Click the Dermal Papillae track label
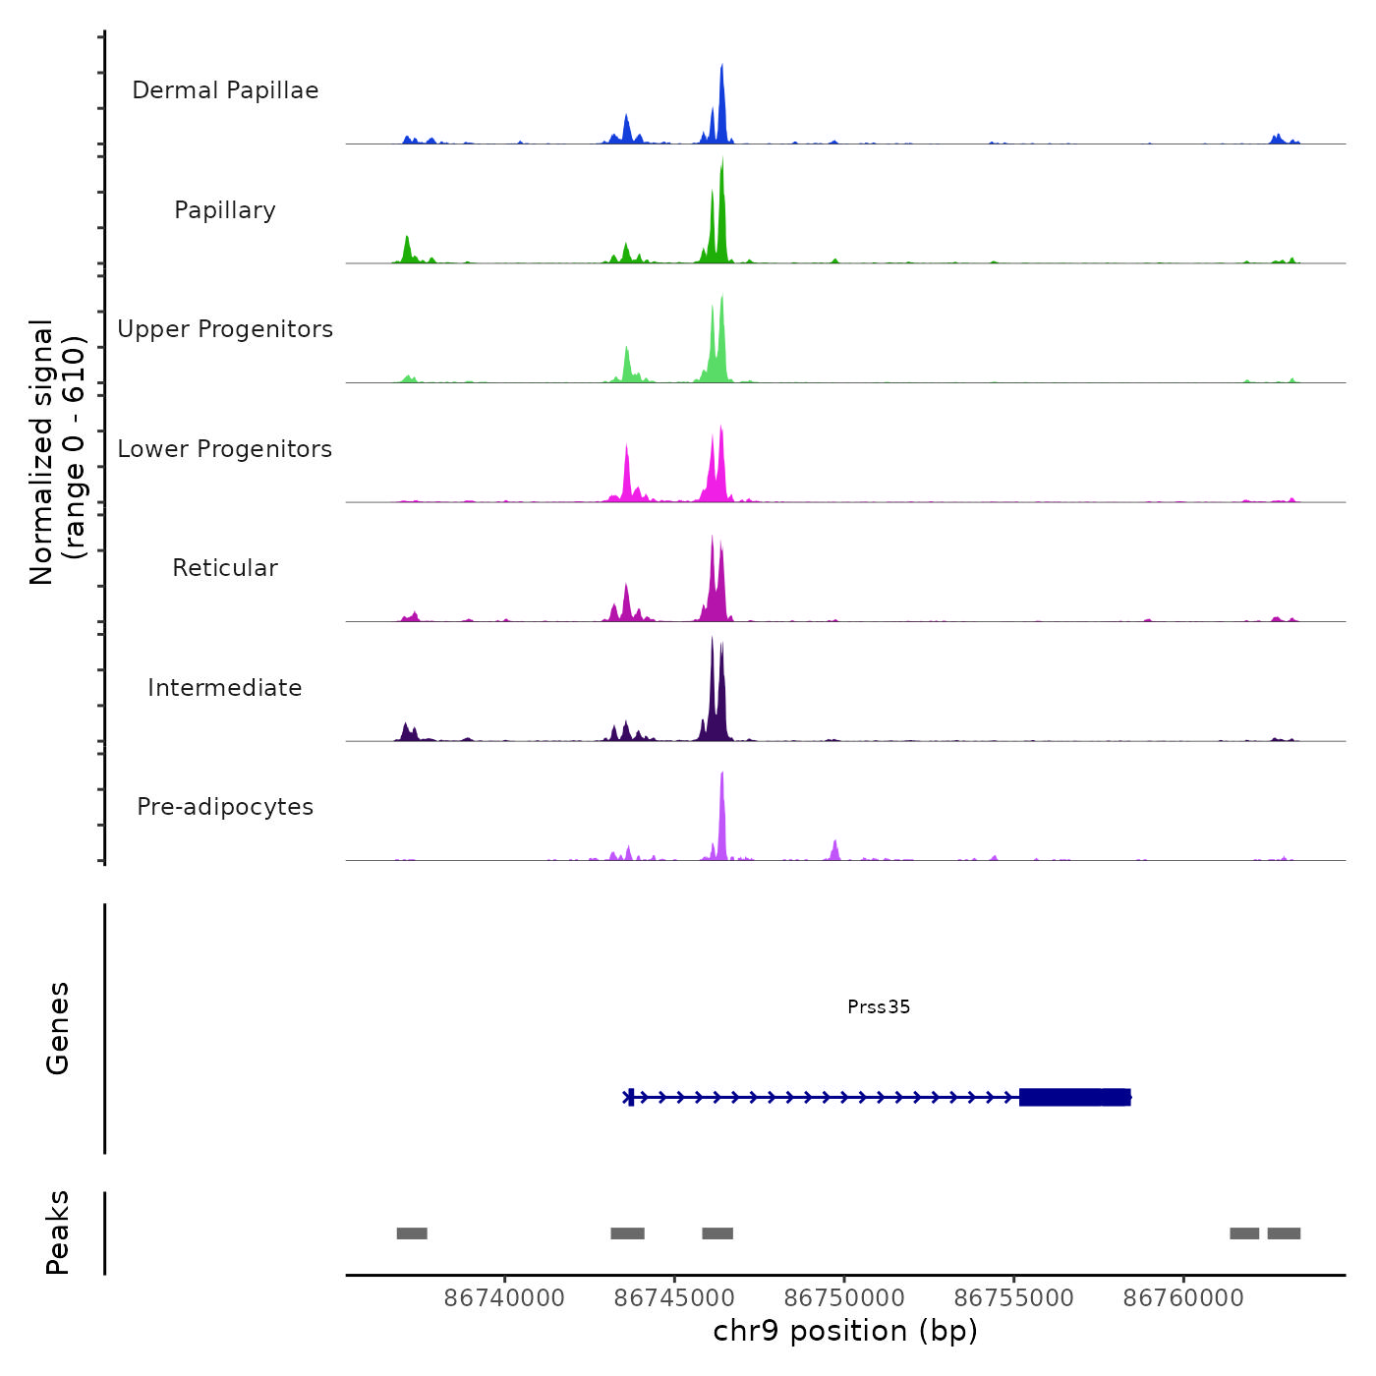pos(225,90)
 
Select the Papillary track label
pos(225,210)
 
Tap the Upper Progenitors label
pos(225,329)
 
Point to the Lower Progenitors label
pos(225,449)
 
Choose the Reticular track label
pos(225,568)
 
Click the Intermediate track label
pos(225,688)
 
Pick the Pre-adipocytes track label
pos(225,807)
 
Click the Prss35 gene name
pos(879,1006)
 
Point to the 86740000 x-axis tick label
pos(504,1297)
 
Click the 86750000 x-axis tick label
pos(844,1297)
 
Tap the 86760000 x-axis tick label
pos(1183,1297)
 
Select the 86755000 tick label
pos(1013,1297)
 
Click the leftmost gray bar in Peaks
pos(412,1233)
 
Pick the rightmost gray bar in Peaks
pos(1284,1233)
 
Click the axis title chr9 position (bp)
pos(845,1331)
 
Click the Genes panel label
pos(58,1028)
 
